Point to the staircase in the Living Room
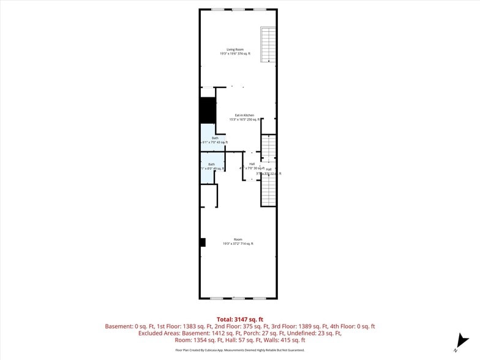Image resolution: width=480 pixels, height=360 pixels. (268, 44)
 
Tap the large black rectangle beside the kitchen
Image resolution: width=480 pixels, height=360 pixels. (208, 110)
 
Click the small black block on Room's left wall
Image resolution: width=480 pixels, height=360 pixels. (203, 242)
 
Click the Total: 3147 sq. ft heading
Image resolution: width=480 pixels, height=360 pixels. (240, 319)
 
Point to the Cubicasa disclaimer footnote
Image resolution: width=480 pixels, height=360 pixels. (239, 350)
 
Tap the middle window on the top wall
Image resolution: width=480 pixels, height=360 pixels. (238, 9)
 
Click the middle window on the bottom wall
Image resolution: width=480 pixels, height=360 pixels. (238, 298)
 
